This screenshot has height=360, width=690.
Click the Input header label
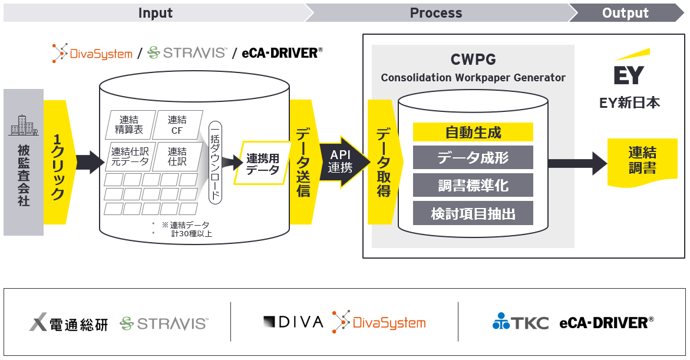point(155,13)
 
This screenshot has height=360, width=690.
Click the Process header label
point(435,13)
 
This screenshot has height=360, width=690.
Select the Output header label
point(625,13)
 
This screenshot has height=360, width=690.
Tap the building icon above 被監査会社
point(24,125)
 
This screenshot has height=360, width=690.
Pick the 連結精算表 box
point(128,125)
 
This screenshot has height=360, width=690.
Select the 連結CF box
point(177,125)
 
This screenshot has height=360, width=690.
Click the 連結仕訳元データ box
point(129,157)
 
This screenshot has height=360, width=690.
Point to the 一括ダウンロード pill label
point(215,162)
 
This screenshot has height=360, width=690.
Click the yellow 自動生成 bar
point(473,132)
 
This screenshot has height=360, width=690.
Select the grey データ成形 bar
point(473,158)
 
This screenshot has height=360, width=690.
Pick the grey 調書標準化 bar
point(473,186)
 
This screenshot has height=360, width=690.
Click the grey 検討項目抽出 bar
point(473,213)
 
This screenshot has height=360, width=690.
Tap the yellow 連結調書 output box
point(642,160)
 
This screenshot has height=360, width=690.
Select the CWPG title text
point(473,60)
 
